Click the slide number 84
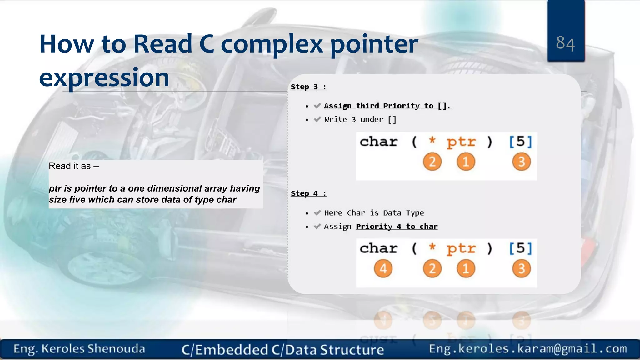click(565, 43)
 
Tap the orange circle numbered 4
click(383, 268)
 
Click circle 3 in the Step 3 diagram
click(521, 162)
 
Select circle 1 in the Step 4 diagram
click(466, 268)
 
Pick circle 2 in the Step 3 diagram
click(432, 162)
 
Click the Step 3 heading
click(308, 87)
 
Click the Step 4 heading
click(308, 193)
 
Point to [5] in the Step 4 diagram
click(520, 248)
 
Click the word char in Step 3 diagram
click(378, 142)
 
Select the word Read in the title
click(163, 44)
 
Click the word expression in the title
click(104, 77)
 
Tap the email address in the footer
click(528, 348)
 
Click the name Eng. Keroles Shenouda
click(79, 349)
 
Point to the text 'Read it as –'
click(74, 166)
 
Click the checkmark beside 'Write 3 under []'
click(317, 119)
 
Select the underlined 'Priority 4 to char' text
click(397, 227)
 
